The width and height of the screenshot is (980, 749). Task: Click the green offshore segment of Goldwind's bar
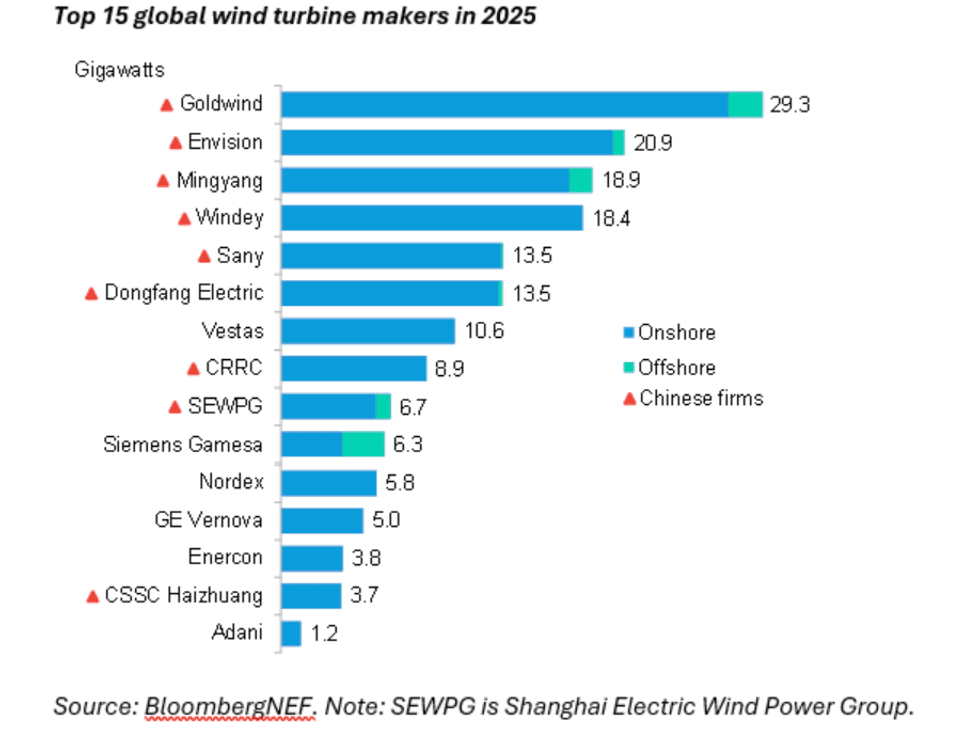point(745,104)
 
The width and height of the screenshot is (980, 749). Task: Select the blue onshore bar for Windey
point(431,218)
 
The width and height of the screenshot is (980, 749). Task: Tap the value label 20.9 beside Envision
point(652,142)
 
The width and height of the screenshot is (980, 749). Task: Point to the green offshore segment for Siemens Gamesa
point(363,444)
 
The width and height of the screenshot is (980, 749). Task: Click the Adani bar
point(291,633)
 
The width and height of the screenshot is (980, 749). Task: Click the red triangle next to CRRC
point(194,369)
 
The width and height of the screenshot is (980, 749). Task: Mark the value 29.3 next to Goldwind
point(789,105)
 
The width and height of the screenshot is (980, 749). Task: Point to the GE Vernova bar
point(322,520)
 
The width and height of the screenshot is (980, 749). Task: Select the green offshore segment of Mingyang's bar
point(581,180)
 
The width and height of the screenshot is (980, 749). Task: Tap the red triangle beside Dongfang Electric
point(91,294)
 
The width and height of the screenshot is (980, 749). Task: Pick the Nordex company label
point(231,482)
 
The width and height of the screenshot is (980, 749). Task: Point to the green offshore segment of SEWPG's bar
point(383,406)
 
